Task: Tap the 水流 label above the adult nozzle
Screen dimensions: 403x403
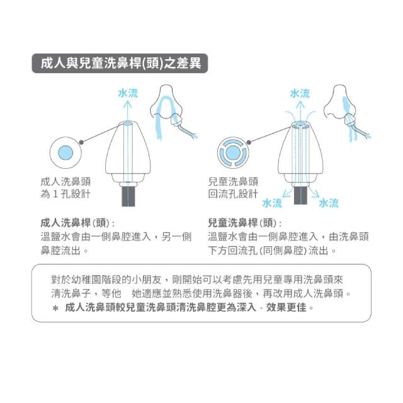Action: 128,93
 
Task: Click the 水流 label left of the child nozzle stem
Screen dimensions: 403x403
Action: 271,203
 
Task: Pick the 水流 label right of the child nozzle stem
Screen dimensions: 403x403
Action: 329,203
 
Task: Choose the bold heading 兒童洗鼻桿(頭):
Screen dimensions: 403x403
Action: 245,223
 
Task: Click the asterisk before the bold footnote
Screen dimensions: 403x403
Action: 55,309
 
